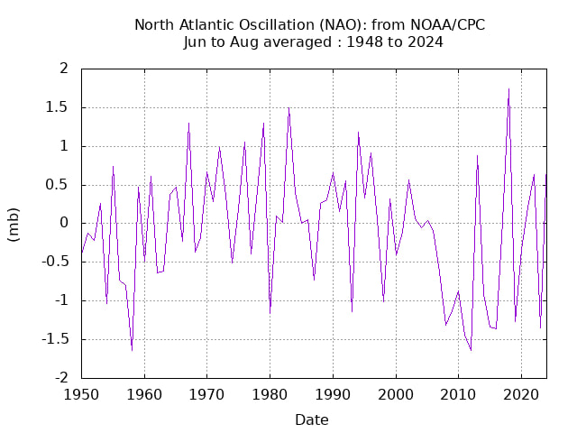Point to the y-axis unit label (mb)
[14, 223]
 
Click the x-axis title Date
[312, 419]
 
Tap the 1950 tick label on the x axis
[81, 395]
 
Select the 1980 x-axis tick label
[270, 395]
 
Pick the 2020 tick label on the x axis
[521, 395]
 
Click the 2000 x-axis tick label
[396, 395]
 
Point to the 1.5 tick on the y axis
[58, 107]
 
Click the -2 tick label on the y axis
[61, 378]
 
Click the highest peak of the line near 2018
[508, 88]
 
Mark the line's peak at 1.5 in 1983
[288, 108]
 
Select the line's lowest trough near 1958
[132, 350]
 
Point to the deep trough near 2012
[471, 350]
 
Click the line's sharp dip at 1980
[270, 312]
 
